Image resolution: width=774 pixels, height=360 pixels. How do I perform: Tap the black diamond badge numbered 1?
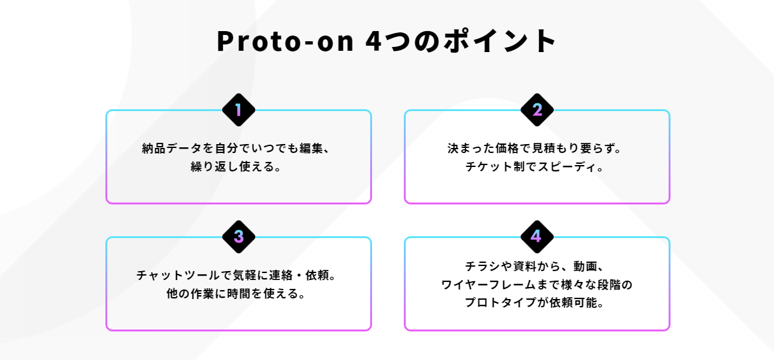(x=239, y=110)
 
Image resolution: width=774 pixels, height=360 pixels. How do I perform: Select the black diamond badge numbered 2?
(x=537, y=110)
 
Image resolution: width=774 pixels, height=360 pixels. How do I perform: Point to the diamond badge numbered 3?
(x=239, y=237)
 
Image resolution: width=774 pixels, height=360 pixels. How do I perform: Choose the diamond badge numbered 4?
(x=537, y=237)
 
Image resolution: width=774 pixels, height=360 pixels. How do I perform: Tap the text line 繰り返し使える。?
(x=238, y=168)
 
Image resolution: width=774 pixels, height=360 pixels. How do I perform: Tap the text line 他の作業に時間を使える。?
(x=238, y=295)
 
